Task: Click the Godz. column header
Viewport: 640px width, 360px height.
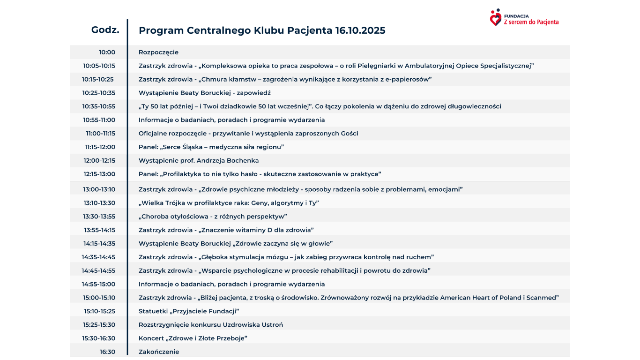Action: pyautogui.click(x=105, y=30)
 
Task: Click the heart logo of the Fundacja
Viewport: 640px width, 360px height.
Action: pyautogui.click(x=495, y=18)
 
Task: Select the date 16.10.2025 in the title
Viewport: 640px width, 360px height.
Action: pyautogui.click(x=360, y=30)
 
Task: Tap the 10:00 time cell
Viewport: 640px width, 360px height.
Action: pyautogui.click(x=107, y=52)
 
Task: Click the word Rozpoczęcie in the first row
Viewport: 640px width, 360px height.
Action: pyautogui.click(x=158, y=52)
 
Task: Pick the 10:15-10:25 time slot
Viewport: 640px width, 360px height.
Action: pyautogui.click(x=98, y=80)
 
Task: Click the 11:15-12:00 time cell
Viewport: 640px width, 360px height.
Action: pyautogui.click(x=100, y=147)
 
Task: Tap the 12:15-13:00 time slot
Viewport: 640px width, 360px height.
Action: pyautogui.click(x=99, y=174)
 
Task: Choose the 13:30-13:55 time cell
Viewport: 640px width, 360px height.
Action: pyautogui.click(x=99, y=217)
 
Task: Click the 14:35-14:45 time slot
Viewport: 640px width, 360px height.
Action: pyautogui.click(x=98, y=257)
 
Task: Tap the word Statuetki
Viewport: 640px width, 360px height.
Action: pyautogui.click(x=153, y=311)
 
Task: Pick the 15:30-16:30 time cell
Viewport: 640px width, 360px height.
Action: pyautogui.click(x=98, y=338)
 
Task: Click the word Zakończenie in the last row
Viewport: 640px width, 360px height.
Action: pyautogui.click(x=159, y=352)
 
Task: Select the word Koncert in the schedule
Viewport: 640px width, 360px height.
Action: pyautogui.click(x=151, y=338)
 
